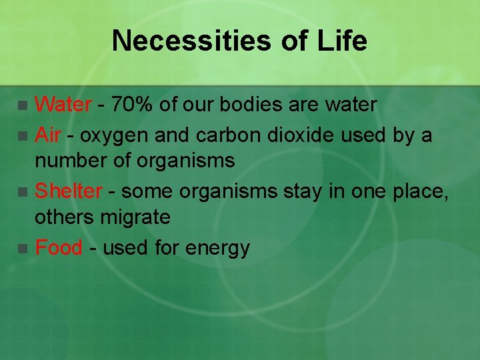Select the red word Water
[63, 105]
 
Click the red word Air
[48, 136]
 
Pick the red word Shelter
[68, 192]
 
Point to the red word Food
[59, 248]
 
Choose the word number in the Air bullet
[66, 161]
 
